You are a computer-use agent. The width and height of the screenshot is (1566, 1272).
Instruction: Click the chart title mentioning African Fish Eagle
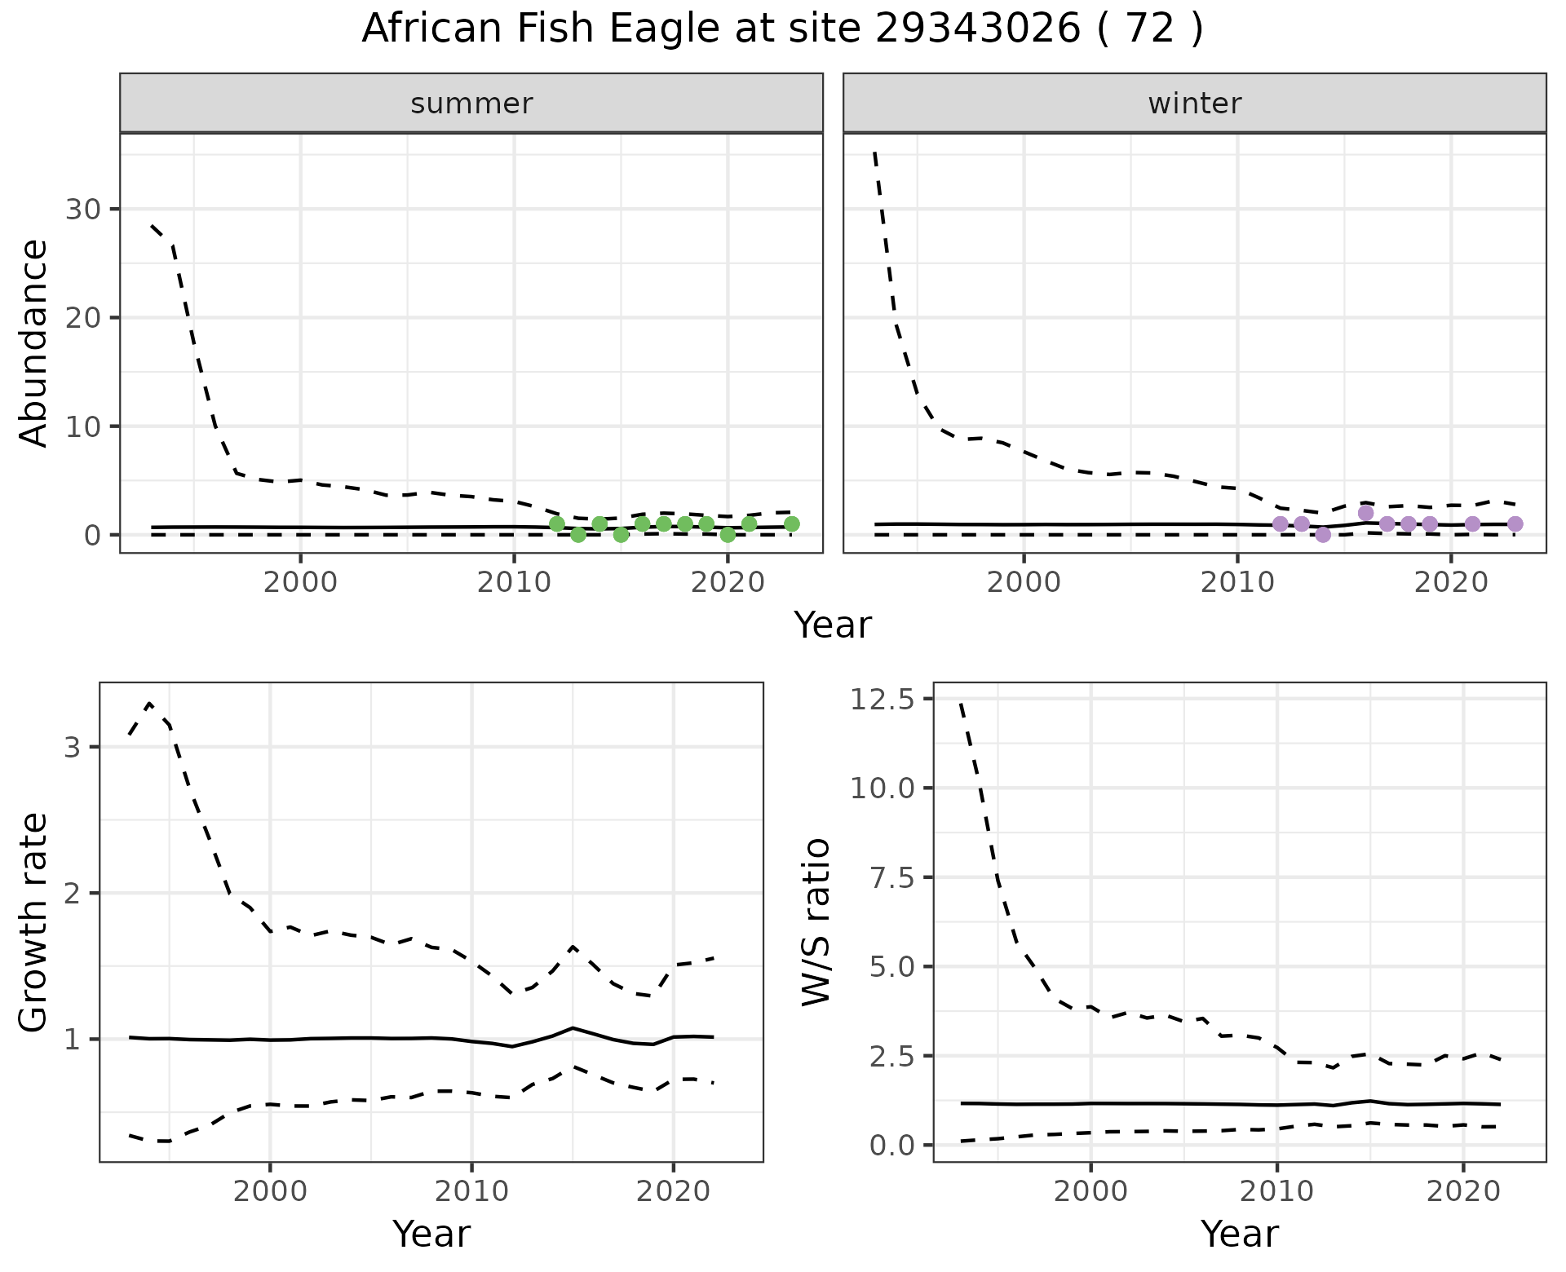pyautogui.click(x=782, y=29)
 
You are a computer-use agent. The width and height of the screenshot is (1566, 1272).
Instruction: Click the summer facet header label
pyautogui.click(x=471, y=104)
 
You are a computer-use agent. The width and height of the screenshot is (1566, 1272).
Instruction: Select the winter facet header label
pyautogui.click(x=1194, y=104)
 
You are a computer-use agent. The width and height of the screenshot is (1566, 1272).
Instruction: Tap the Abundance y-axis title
pyautogui.click(x=34, y=342)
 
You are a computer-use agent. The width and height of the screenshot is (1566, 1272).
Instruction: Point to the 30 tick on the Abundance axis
pyautogui.click(x=82, y=210)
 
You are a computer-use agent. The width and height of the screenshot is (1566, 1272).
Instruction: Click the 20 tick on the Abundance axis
pyautogui.click(x=82, y=318)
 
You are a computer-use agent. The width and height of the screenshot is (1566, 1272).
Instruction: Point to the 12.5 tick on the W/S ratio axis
pyautogui.click(x=881, y=699)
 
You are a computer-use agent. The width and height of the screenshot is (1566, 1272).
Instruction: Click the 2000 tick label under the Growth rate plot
pyautogui.click(x=270, y=1191)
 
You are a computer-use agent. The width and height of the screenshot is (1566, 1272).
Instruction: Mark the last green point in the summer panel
pyautogui.click(x=791, y=523)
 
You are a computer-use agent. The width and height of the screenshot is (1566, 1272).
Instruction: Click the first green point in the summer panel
pyautogui.click(x=557, y=523)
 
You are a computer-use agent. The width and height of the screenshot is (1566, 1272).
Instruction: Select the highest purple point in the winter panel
pyautogui.click(x=1366, y=513)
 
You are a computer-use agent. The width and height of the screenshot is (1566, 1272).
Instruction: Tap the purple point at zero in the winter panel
pyautogui.click(x=1323, y=535)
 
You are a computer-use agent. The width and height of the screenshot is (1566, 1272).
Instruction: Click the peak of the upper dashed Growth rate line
pyautogui.click(x=149, y=704)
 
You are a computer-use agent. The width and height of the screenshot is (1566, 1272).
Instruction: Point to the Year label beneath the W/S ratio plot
pyautogui.click(x=1239, y=1234)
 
